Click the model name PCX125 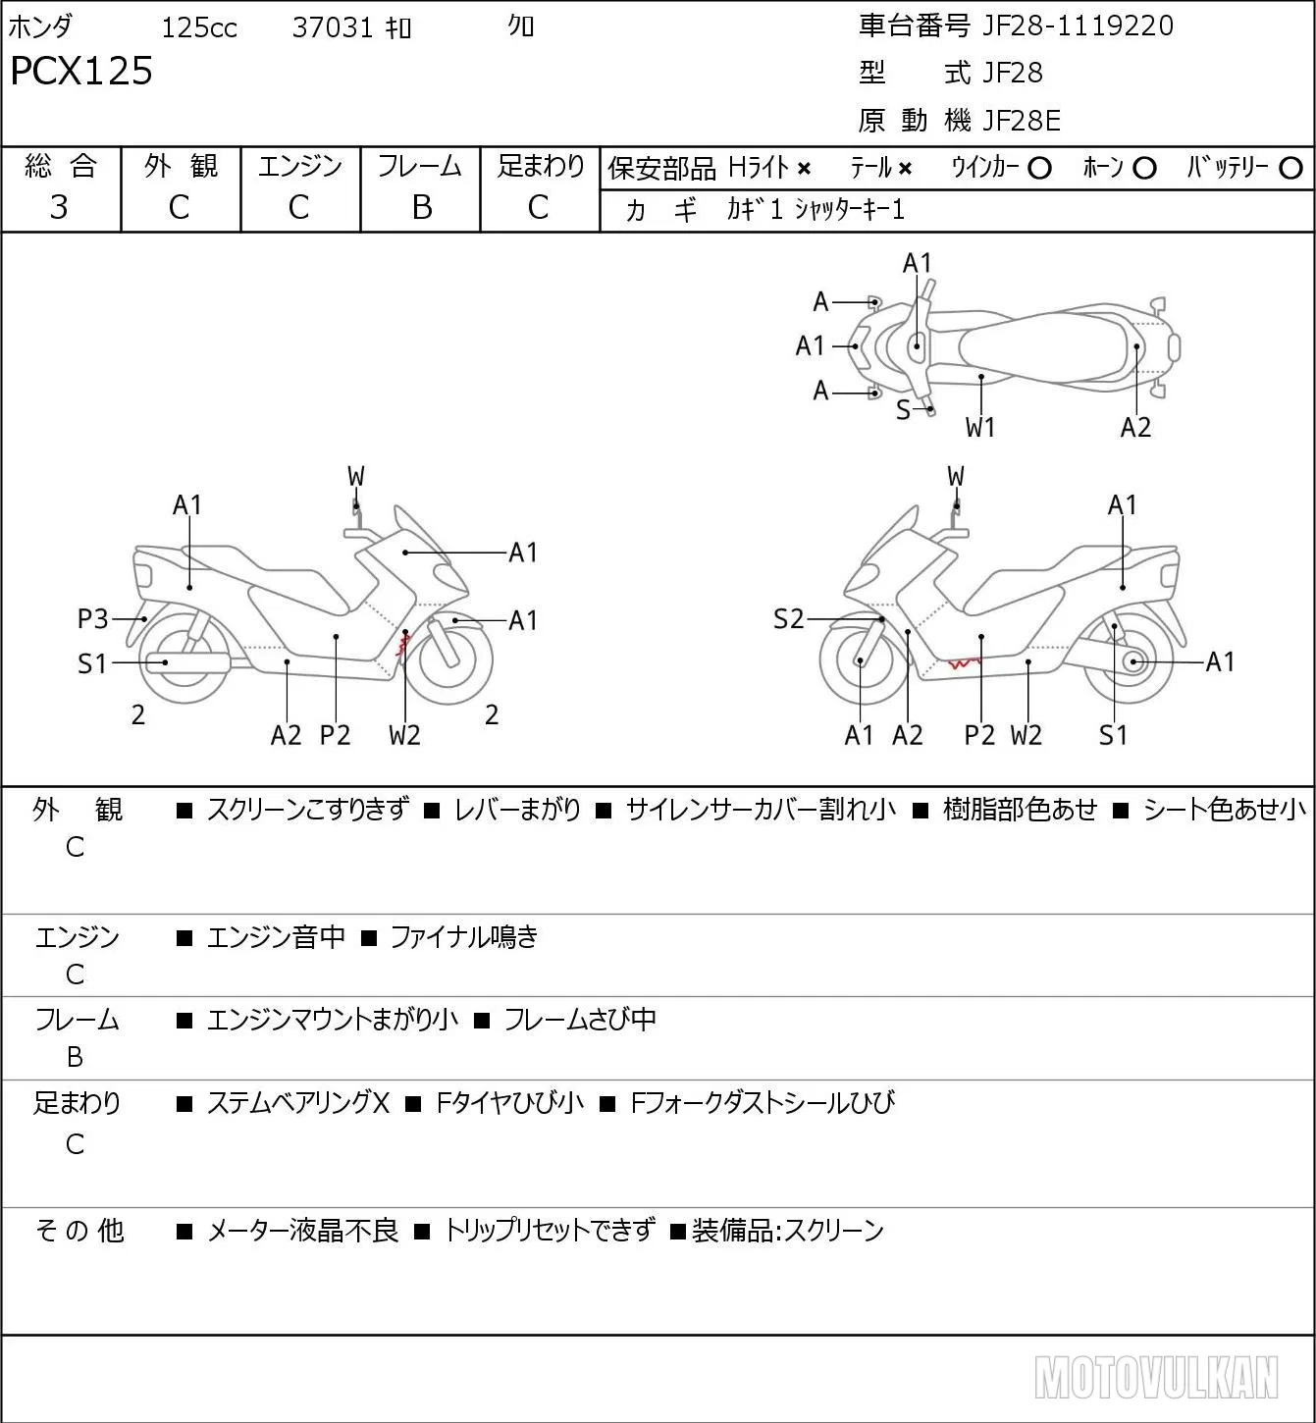click(81, 71)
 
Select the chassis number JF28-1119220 click(1078, 26)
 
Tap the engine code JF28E click(1021, 121)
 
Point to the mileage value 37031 click(333, 27)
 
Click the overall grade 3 click(59, 207)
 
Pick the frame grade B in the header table click(421, 207)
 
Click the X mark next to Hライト click(805, 169)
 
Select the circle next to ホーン click(1144, 168)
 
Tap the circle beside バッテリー click(1290, 168)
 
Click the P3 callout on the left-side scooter click(92, 618)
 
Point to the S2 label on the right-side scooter click(788, 618)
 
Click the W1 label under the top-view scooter click(979, 428)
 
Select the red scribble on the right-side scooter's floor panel click(964, 662)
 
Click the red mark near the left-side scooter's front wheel click(403, 645)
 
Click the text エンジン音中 click(276, 937)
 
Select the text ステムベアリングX click(298, 1103)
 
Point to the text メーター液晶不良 click(302, 1231)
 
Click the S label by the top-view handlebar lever click(903, 410)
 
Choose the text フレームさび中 click(580, 1020)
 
